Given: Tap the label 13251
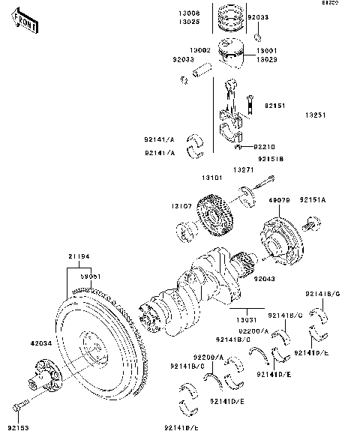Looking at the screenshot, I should pyautogui.click(x=314, y=116).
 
